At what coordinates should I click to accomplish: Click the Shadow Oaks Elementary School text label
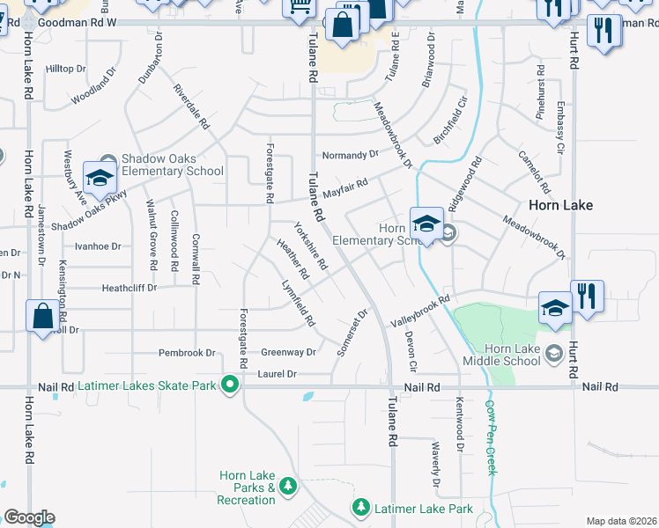(x=172, y=165)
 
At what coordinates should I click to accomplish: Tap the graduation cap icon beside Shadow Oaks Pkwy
(x=100, y=179)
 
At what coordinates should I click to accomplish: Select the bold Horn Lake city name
(x=560, y=205)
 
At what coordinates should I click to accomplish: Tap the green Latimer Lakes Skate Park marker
(x=230, y=385)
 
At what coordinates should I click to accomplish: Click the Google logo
(x=29, y=517)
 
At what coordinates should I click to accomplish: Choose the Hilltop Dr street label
(x=66, y=68)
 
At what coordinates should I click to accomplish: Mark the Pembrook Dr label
(x=187, y=353)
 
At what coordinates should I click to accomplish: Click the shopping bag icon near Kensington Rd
(x=42, y=316)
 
